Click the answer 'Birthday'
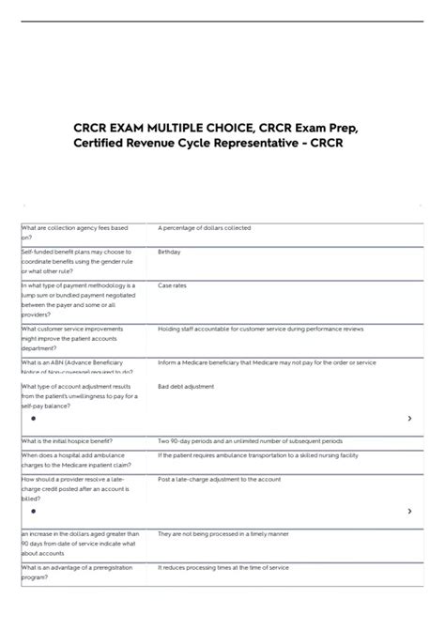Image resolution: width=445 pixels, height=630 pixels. click(x=169, y=253)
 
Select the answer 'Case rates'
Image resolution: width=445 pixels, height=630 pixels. click(x=172, y=285)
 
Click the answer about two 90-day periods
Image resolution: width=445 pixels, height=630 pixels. click(x=250, y=440)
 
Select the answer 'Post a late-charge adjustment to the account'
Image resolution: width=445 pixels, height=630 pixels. click(x=220, y=479)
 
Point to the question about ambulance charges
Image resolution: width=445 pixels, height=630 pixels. click(x=81, y=460)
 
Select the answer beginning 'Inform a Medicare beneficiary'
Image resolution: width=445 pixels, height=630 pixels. click(x=267, y=361)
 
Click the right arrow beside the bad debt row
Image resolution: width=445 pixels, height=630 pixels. click(x=409, y=419)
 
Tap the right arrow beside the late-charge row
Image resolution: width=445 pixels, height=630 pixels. click(x=409, y=512)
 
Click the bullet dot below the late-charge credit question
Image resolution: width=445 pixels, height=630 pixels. click(x=33, y=512)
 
